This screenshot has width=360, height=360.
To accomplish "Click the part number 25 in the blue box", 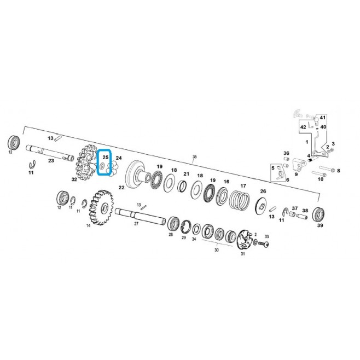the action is pos(106,157).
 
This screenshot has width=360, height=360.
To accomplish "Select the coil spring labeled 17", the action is pos(240,200).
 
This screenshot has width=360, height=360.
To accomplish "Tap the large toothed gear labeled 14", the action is pos(101,207).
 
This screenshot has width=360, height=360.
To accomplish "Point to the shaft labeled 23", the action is pos(50,152).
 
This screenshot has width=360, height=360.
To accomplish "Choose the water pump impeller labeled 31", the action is pos(244,240).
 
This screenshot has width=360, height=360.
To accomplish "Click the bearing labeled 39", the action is pos(318,214).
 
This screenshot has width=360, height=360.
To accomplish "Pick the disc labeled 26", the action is pos(262,206).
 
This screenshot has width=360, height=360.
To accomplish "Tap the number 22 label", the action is pos(121,188).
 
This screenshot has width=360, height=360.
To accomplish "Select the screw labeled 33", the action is pos(264,244).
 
